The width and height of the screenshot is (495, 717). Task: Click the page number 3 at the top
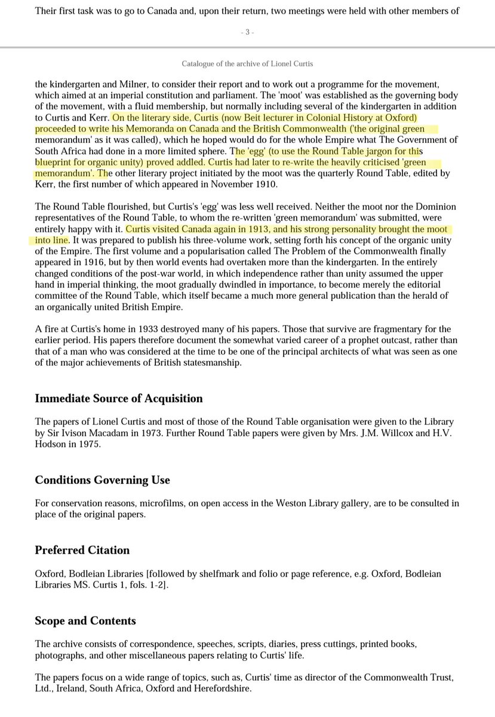click(247, 32)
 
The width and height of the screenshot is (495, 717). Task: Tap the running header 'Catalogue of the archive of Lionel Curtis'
click(247, 64)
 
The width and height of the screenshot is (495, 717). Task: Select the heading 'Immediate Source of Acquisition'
click(119, 399)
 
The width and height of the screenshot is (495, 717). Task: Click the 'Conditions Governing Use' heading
click(102, 480)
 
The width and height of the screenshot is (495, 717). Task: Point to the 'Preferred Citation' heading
click(82, 550)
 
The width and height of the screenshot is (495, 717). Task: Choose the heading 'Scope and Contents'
click(85, 621)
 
